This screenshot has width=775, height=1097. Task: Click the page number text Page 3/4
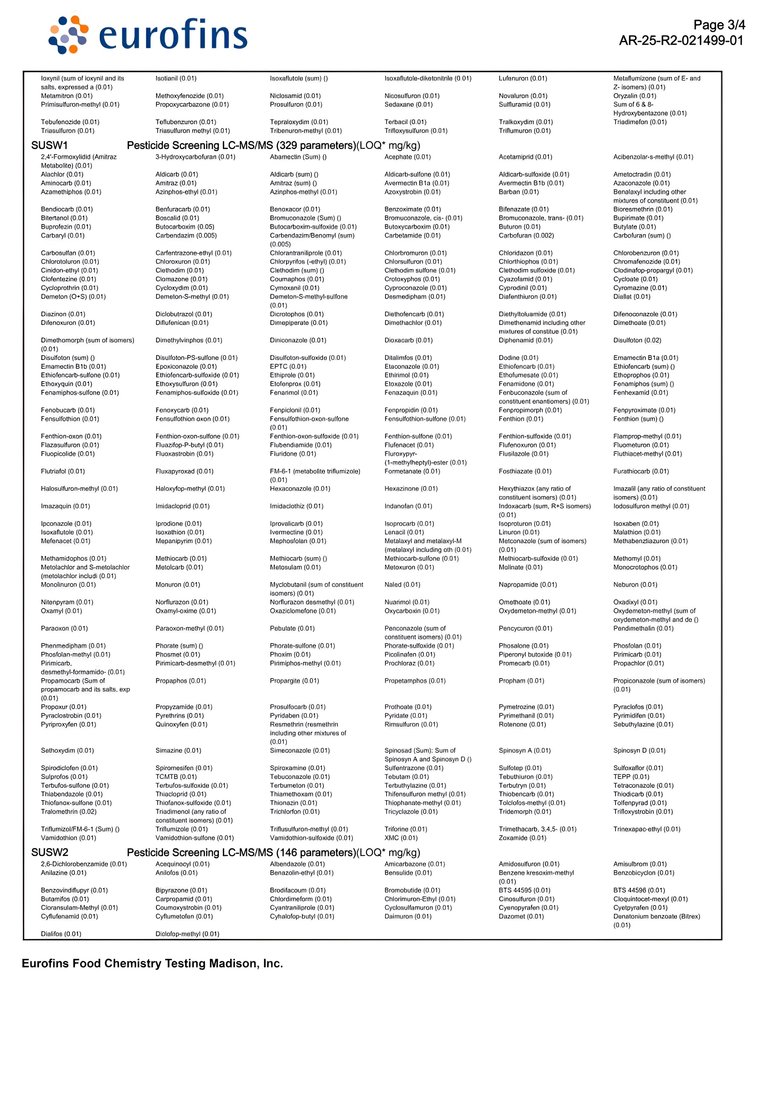pyautogui.click(x=719, y=25)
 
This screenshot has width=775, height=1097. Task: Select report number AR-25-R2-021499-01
pyautogui.click(x=681, y=41)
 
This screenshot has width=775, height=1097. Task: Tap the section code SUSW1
pyautogui.click(x=50, y=145)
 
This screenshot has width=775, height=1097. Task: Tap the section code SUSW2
pyautogui.click(x=50, y=852)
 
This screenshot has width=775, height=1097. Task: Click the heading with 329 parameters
pyautogui.click(x=273, y=145)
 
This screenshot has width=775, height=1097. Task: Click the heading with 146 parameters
pyautogui.click(x=273, y=852)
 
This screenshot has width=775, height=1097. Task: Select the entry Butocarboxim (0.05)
pyautogui.click(x=185, y=227)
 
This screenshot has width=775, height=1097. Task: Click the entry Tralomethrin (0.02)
pyautogui.click(x=68, y=812)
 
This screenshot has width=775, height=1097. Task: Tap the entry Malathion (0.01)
pyautogui.click(x=637, y=532)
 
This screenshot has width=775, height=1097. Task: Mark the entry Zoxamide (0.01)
pyautogui.click(x=522, y=838)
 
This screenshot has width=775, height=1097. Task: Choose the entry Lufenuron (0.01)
pyautogui.click(x=523, y=78)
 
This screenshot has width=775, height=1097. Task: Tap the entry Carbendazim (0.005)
pyautogui.click(x=186, y=236)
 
